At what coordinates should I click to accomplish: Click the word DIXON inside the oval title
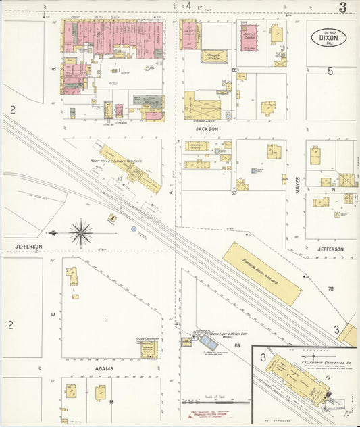(x=329, y=38)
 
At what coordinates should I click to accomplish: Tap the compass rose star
(x=82, y=233)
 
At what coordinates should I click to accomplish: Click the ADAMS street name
(x=103, y=368)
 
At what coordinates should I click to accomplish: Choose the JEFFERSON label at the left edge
(x=25, y=247)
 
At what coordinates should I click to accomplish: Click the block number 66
(x=234, y=70)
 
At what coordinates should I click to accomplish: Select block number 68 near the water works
(x=237, y=346)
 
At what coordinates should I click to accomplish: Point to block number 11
(x=105, y=320)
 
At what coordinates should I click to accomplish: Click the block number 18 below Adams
(x=111, y=403)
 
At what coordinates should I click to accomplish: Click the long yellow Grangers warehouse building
(x=262, y=273)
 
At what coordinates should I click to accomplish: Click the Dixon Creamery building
(x=148, y=348)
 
